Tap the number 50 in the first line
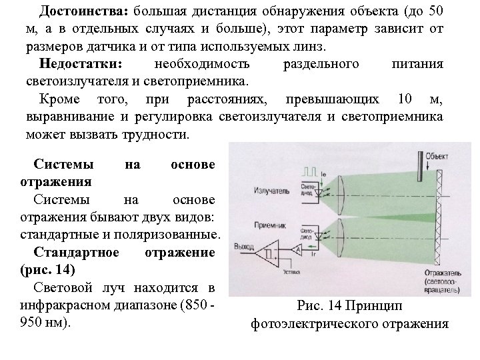point(434,12)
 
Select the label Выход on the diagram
point(244,247)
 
